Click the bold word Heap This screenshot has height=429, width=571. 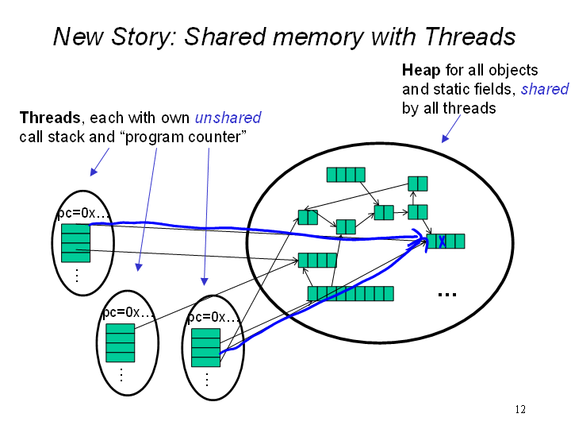click(421, 70)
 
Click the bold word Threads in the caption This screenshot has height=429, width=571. click(50, 118)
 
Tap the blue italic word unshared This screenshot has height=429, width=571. click(228, 118)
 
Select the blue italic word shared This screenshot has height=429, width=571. click(544, 89)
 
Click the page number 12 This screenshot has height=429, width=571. click(520, 409)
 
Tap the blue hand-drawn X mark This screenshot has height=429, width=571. click(442, 242)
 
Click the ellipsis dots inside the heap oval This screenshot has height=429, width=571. click(447, 295)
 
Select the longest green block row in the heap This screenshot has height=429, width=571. click(351, 294)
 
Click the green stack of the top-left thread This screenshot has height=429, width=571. click(76, 243)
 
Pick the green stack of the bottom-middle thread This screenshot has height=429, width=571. click(121, 343)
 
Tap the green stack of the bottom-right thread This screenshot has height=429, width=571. click(205, 348)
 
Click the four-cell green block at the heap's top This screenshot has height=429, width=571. click(346, 175)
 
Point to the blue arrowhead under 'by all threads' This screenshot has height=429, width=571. click(445, 138)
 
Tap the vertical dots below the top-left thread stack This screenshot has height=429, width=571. click(77, 276)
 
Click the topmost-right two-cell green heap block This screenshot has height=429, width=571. click(418, 184)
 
